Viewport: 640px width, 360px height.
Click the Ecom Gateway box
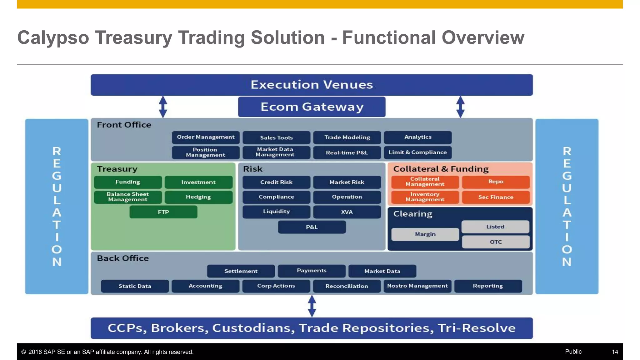[x=312, y=107]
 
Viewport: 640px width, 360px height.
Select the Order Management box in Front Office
[x=206, y=137]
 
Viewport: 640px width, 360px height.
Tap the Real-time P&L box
[x=347, y=152]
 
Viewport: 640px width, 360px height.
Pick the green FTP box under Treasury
[x=163, y=212]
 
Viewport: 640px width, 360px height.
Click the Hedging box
[x=198, y=197]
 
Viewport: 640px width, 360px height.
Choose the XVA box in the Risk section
[x=347, y=212]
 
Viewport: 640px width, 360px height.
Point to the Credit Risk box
[x=276, y=182]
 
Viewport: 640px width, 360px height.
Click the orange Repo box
[x=496, y=182]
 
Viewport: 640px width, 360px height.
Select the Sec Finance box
[x=496, y=197]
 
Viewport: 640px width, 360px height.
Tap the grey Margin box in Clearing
[x=425, y=234]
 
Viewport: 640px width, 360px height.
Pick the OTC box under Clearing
[x=496, y=242]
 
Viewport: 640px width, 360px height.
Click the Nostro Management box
[x=417, y=286]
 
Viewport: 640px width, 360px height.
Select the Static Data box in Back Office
[x=135, y=286]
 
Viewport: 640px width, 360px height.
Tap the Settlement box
[x=241, y=271]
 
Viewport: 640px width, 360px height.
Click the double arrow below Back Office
[x=312, y=306]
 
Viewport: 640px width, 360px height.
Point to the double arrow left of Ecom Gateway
[x=163, y=107]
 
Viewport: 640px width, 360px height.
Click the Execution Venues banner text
[x=312, y=85]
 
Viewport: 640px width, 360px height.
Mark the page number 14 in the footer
[x=615, y=352]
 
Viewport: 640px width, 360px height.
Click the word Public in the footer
[x=573, y=352]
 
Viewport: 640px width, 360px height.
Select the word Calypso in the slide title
[x=53, y=38]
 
